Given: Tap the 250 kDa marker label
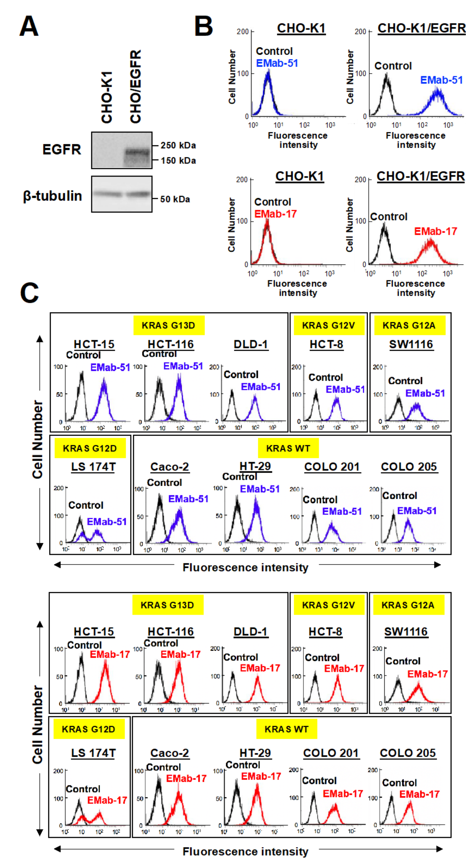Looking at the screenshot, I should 178,146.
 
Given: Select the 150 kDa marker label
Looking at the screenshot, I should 178,161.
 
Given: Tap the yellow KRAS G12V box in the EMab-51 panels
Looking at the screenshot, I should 328,325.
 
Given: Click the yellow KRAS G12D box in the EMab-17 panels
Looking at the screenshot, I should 88,729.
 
